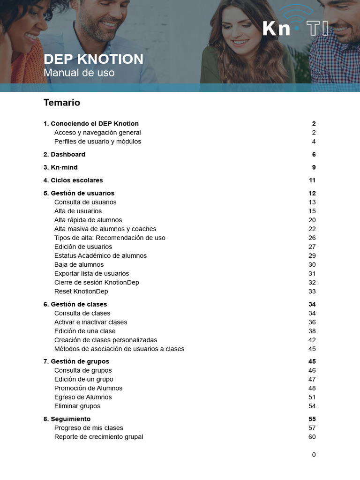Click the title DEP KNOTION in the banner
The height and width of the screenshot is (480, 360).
pos(93,59)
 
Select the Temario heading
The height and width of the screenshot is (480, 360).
pos(62,102)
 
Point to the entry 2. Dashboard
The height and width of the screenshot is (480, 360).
pos(64,154)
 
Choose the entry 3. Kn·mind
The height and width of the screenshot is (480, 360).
pos(60,167)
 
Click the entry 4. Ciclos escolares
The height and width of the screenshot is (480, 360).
pos(73,180)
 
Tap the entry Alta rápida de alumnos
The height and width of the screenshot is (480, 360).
pos(88,220)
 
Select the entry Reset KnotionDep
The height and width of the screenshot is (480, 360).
pos(81,291)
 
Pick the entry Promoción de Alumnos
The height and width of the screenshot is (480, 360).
pos(88,388)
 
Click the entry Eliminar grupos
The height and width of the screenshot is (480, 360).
pos(77,406)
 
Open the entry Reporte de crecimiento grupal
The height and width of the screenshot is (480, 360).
pos(98,437)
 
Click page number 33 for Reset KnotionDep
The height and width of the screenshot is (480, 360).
pos(312,291)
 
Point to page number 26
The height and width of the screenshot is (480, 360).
pos(312,238)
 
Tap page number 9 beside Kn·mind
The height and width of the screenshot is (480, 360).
pos(314,167)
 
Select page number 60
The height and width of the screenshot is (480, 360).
pos(312,437)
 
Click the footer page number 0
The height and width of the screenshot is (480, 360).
pos(314,455)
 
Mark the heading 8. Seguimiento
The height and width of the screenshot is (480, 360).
pos(67,419)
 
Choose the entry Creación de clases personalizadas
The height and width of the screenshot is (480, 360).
pos(105,340)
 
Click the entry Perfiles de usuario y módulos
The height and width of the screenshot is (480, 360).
pos(97,142)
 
